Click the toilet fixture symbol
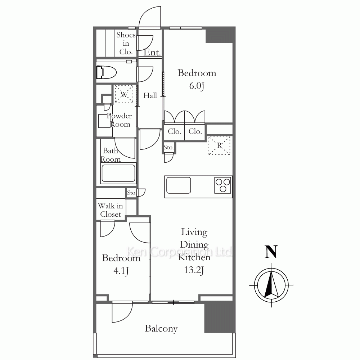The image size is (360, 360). (x=106, y=72)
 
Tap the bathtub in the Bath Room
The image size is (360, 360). (x=118, y=173)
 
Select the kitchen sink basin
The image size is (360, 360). (x=179, y=185)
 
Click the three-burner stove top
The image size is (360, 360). (x=223, y=185)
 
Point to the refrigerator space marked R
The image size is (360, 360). (x=219, y=145)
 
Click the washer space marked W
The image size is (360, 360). (x=124, y=94)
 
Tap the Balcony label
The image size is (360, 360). (x=161, y=329)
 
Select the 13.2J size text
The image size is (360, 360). (x=194, y=270)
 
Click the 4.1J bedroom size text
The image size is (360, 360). (x=121, y=271)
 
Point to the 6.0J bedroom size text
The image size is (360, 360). (x=197, y=86)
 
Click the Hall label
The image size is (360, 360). (x=150, y=95)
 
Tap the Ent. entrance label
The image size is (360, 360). (x=152, y=53)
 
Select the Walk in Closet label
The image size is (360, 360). (x=111, y=210)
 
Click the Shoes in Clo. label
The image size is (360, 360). (x=126, y=43)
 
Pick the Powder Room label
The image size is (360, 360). (x=120, y=120)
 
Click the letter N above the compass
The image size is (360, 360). (x=271, y=252)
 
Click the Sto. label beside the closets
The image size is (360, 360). (x=168, y=148)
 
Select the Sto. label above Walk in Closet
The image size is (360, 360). (x=131, y=193)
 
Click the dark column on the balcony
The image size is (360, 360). (x=220, y=318)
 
